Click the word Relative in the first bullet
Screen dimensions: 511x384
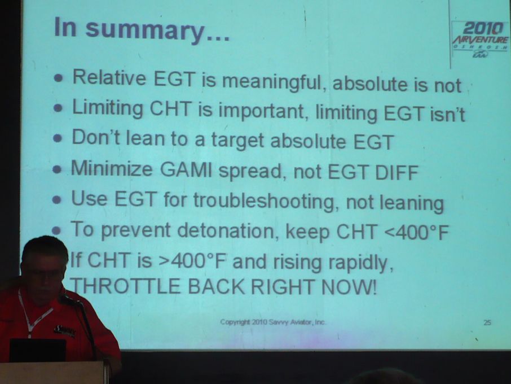109,78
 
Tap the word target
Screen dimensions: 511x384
237,140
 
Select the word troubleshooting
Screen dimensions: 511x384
263,200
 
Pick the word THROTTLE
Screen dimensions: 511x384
125,286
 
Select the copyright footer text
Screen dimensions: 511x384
273,322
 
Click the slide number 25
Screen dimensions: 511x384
487,322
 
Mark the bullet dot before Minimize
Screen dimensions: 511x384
58,169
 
